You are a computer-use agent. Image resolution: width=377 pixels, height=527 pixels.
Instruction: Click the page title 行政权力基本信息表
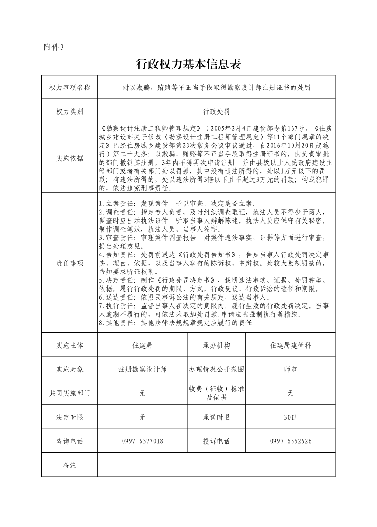pos(189,64)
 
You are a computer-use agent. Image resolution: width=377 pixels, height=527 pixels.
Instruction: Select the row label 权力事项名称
pos(69,88)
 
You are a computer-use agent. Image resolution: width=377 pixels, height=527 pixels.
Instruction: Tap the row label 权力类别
pos(69,112)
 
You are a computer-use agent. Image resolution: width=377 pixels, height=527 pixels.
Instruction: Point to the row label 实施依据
pos(69,158)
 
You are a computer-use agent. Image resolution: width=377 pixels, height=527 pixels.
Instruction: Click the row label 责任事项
pos(69,263)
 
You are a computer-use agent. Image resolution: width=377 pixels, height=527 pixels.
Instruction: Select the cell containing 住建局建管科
pos(291,345)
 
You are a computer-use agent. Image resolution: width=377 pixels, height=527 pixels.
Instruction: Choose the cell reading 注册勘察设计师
pos(142,369)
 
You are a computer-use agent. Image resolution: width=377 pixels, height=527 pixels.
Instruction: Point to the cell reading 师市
pos(291,369)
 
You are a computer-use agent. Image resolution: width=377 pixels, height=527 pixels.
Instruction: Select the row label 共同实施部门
pos(69,393)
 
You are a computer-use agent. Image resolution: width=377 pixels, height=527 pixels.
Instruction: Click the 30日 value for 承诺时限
pos(291,417)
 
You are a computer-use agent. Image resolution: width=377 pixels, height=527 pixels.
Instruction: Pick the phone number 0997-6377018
pos(142,441)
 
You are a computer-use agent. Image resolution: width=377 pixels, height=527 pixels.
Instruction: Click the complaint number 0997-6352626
pos(291,441)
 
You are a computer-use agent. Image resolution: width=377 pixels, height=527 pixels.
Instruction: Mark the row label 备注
pos(69,465)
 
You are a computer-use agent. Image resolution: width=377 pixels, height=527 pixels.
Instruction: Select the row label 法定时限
pos(69,417)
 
